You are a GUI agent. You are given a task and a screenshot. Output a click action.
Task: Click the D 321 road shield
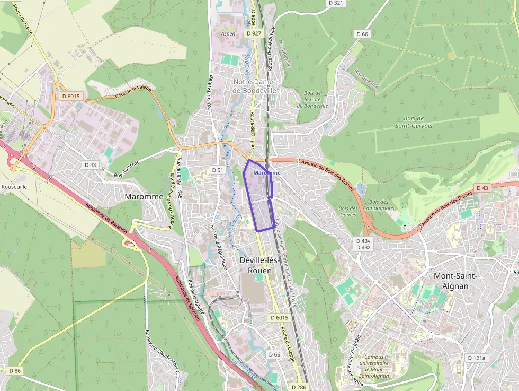pos(336,3)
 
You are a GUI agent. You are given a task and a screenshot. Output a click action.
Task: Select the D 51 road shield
pos(218,170)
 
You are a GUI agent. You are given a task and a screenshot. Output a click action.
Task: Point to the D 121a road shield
pos(477,358)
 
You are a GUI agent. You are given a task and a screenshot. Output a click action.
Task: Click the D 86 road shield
pos(15,370)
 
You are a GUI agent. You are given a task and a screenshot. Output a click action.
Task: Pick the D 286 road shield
pos(299,387)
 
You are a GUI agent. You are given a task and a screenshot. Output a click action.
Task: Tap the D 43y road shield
pos(363,241)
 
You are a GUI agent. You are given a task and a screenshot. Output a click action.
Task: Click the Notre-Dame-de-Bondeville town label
pos(255,86)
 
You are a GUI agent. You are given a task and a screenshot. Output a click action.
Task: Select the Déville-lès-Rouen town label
pos(255,265)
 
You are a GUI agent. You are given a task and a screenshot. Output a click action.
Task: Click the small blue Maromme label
pos(267,173)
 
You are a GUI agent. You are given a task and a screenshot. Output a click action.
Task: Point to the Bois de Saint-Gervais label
pos(414,122)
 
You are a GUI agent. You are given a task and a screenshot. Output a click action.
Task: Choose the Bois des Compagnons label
pos(382,205)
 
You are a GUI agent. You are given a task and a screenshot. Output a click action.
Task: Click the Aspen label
pos(228,33)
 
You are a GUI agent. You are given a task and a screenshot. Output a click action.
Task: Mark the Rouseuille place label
pos(14,187)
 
